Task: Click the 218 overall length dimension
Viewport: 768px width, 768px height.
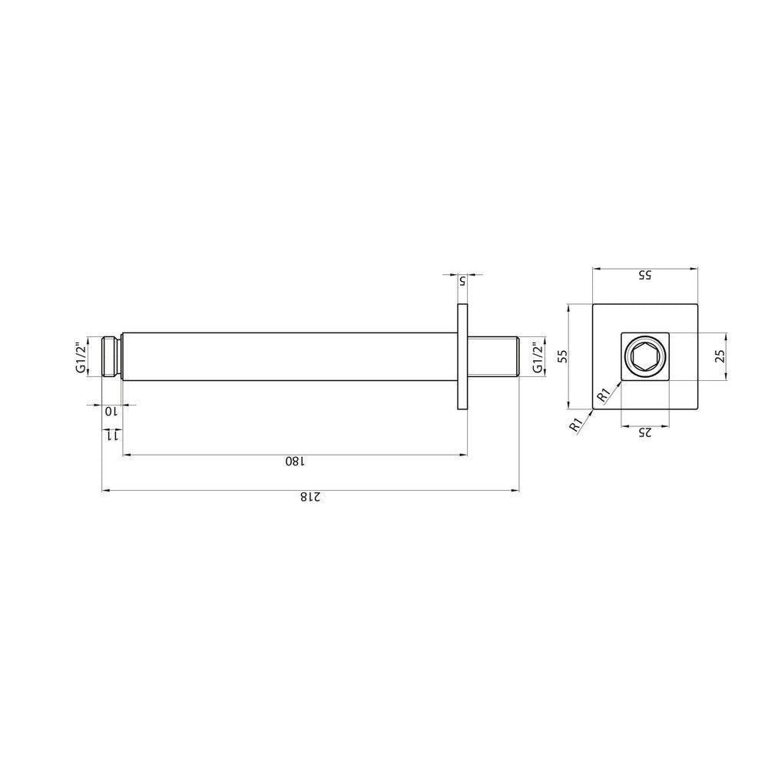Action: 309,497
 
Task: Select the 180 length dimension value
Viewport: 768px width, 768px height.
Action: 295,461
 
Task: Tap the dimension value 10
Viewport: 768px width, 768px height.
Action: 112,411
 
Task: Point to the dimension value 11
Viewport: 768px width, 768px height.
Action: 112,435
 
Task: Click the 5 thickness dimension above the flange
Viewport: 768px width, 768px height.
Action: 462,282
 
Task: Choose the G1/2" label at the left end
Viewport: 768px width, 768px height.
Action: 80,357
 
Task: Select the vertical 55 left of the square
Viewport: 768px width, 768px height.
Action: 562,356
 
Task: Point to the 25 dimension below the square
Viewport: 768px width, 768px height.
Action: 645,432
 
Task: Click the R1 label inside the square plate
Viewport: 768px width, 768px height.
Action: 604,395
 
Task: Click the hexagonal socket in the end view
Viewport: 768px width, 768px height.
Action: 644,356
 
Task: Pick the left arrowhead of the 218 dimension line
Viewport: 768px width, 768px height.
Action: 106,489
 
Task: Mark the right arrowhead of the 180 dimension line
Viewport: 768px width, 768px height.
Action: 463,455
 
